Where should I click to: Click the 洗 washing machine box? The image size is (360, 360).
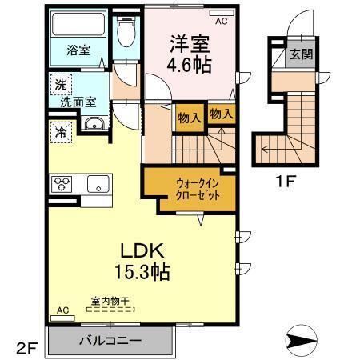coord(61,84)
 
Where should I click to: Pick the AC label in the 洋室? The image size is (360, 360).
coord(222,22)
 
